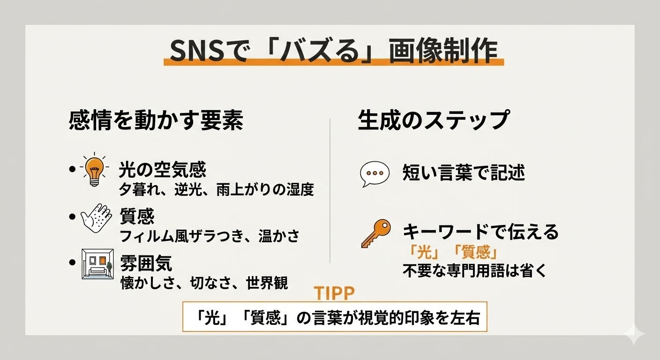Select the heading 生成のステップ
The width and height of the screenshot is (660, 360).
[433, 120]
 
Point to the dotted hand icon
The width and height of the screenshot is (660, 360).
[96, 217]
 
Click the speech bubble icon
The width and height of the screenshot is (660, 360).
[374, 174]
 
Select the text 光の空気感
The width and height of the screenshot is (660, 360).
[163, 170]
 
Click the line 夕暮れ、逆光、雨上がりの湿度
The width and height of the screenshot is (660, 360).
[216, 190]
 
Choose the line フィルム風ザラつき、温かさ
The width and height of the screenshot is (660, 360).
[210, 236]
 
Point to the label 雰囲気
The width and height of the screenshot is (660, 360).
[146, 263]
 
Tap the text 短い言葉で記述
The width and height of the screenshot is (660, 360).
[464, 173]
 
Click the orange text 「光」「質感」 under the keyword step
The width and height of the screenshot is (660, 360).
[453, 253]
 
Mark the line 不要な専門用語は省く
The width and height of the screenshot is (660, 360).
[474, 271]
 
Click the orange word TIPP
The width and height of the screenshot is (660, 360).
[334, 293]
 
